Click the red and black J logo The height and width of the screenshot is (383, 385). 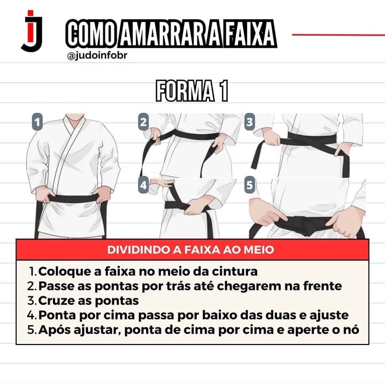(x=32, y=31)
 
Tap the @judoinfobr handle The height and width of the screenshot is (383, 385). (x=97, y=56)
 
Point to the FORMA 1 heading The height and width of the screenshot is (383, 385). (x=192, y=90)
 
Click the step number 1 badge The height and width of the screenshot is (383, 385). (x=37, y=121)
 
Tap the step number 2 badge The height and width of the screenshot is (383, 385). (x=143, y=121)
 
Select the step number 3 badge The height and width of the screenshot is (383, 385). (x=250, y=121)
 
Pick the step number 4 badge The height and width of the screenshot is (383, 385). (x=143, y=185)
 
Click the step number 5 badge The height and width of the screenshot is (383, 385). (x=250, y=185)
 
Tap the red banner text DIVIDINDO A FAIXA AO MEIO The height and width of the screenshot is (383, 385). (x=190, y=250)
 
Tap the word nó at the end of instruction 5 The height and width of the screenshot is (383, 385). (x=352, y=330)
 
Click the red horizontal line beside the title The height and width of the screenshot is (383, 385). (x=338, y=35)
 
